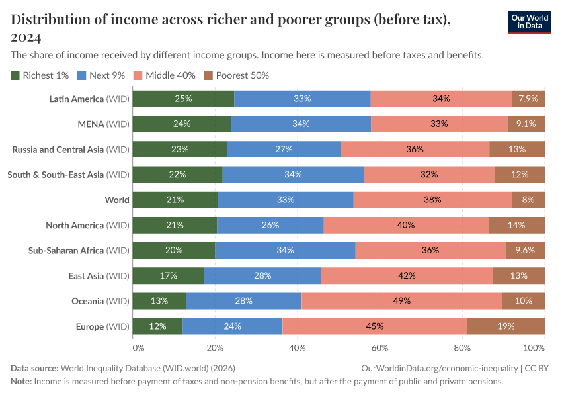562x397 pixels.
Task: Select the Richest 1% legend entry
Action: [40, 75]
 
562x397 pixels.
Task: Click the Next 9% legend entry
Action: [101, 75]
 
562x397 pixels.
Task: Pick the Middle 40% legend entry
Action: [165, 75]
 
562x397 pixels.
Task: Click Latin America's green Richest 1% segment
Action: [183, 99]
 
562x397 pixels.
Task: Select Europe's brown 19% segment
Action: [506, 326]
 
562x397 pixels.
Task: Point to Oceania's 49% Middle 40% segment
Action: [401, 301]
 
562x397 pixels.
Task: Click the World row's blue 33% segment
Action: [285, 200]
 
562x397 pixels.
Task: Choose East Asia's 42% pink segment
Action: [407, 276]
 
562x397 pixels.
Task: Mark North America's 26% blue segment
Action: [270, 225]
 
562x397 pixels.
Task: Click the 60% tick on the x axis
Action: [380, 347]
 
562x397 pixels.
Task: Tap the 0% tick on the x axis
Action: [138, 347]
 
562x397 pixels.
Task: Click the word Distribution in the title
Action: [47, 20]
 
